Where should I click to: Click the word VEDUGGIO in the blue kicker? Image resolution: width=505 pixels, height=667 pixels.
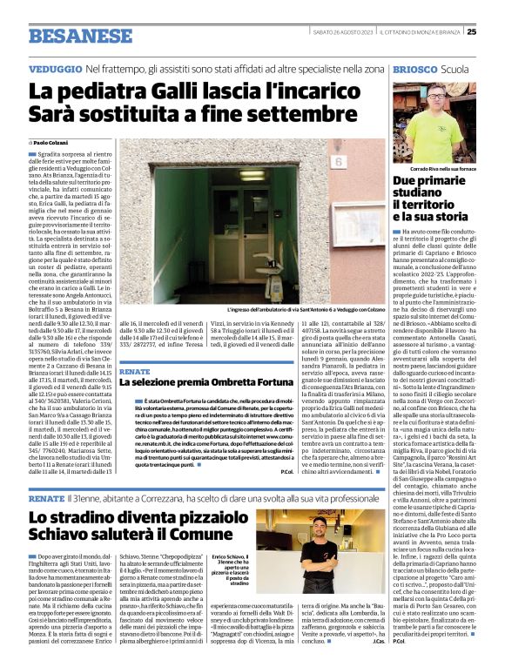click(x=54, y=68)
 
